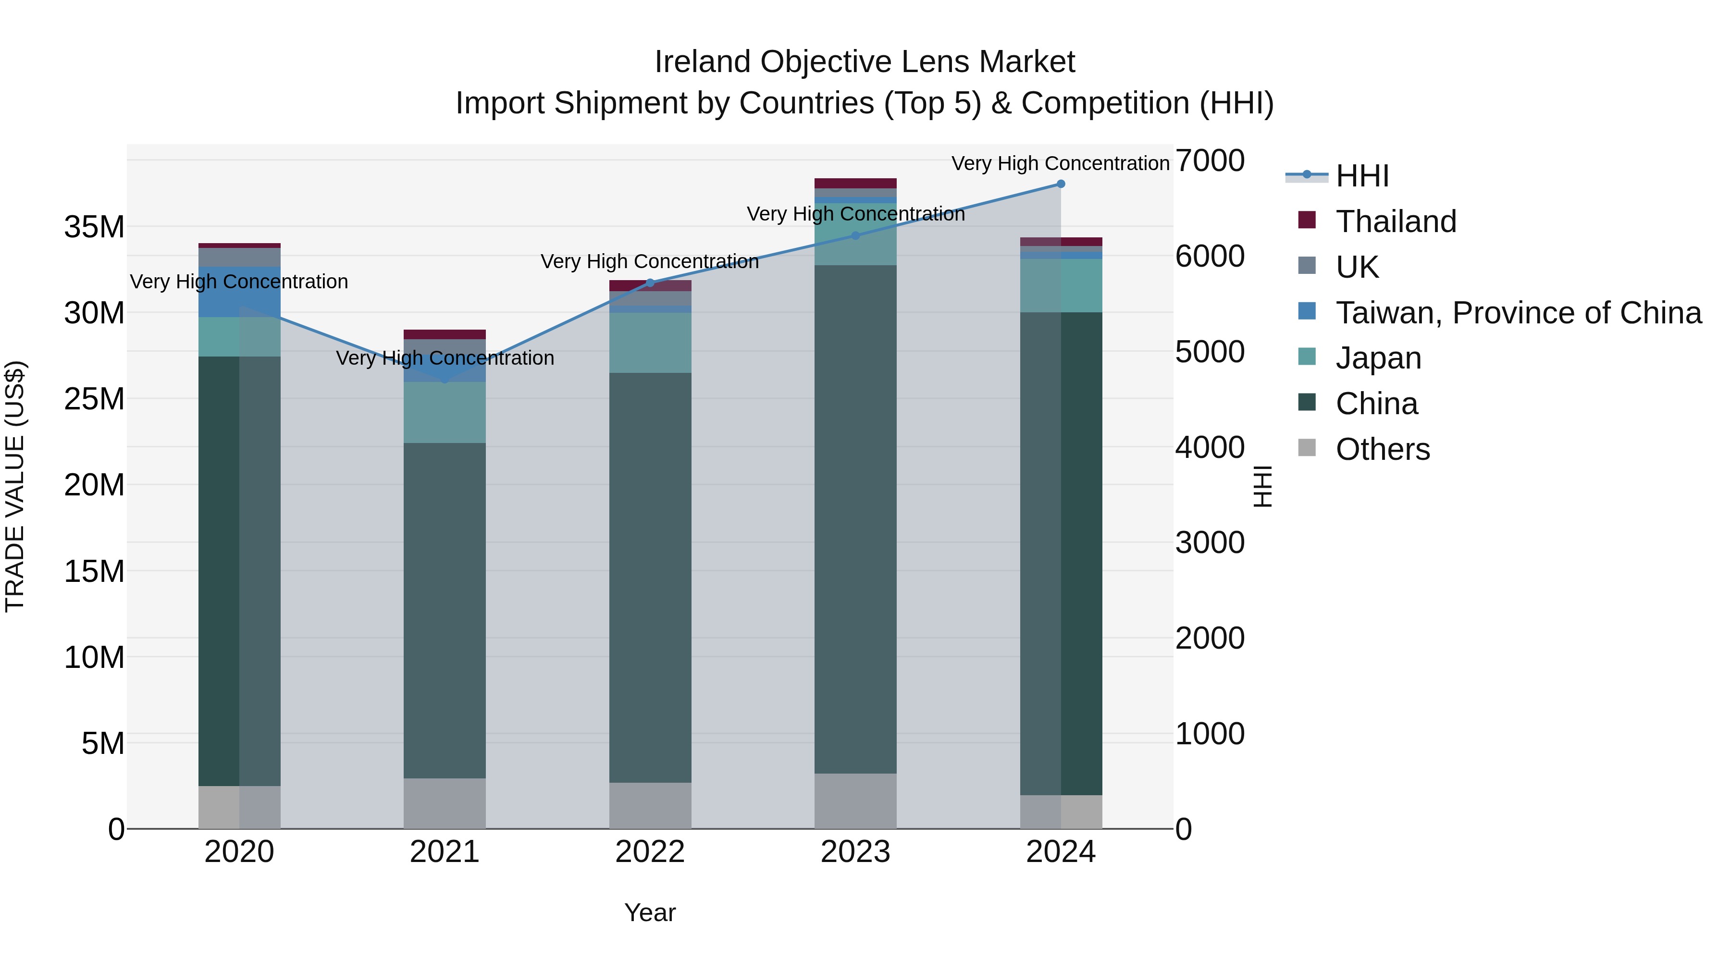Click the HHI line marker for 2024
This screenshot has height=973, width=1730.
click(1061, 184)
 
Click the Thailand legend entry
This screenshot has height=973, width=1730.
click(1396, 222)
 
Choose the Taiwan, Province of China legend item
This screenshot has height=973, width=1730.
click(1518, 313)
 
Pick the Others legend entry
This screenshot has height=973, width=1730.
click(1382, 449)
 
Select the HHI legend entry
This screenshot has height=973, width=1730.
click(1362, 176)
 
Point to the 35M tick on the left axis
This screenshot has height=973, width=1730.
click(94, 227)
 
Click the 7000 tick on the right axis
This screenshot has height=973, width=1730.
click(1210, 161)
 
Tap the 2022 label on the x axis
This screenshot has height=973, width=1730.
click(649, 852)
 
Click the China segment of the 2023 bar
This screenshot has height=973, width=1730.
click(855, 517)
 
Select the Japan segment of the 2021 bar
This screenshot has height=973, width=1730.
click(445, 413)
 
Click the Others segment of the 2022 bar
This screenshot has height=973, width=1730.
click(649, 805)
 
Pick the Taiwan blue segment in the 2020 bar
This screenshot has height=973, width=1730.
click(239, 292)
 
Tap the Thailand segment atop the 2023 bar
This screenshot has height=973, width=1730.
click(855, 184)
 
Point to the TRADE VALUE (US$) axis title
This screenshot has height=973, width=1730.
click(15, 486)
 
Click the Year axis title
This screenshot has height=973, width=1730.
click(649, 912)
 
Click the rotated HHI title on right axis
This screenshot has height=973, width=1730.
click(1262, 486)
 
